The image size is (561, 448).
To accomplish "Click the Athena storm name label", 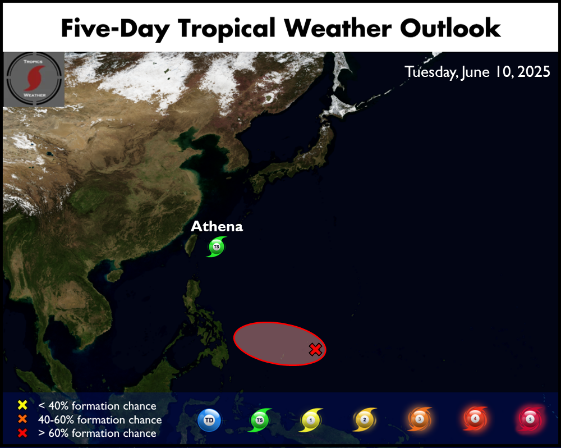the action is tap(217, 226).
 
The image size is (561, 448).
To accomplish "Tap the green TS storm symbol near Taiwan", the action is tap(217, 247).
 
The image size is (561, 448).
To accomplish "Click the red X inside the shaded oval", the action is tap(315, 350).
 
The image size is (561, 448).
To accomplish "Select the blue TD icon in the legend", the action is tap(209, 420).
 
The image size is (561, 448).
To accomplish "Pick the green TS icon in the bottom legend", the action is tap(260, 420).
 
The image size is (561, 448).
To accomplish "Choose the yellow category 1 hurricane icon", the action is tap(311, 420).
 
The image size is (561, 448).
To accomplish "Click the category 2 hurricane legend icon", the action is tap(365, 420).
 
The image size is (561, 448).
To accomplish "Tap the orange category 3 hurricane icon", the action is tap(420, 419).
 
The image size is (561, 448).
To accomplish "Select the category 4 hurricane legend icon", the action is tap(475, 418).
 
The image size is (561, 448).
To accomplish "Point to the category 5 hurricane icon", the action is tap(530, 419).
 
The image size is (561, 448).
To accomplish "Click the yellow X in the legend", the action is tap(22, 405).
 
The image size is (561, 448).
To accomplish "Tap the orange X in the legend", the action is tap(22, 419).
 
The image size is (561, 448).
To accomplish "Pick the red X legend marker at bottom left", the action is tap(22, 433).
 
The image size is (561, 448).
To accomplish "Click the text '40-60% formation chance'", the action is tap(100, 420).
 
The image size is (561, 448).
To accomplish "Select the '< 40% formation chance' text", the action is tap(97, 406).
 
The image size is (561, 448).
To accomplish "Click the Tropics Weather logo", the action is tap(34, 79).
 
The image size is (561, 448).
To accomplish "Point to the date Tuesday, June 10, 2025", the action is tap(477, 72).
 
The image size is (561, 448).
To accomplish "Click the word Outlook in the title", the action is tap(450, 28).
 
